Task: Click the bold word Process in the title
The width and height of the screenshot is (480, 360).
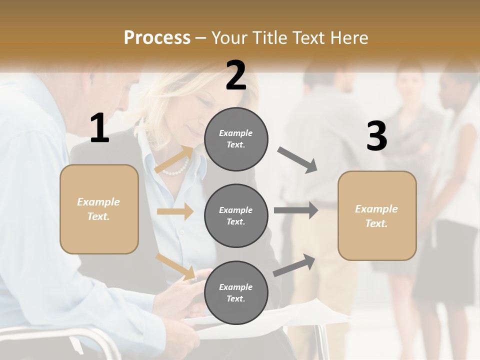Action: point(157,37)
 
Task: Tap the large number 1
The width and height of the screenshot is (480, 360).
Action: point(99,128)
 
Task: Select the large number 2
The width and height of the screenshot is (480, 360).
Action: point(236,75)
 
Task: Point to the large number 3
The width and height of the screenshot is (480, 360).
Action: point(376,136)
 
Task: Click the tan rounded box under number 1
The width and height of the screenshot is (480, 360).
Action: point(99,209)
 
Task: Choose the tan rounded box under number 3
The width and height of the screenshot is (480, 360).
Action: point(377,215)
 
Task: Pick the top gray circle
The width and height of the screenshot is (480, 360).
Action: point(236,139)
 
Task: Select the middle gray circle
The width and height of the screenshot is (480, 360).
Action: point(236,215)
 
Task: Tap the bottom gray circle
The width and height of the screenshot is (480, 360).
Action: point(236,292)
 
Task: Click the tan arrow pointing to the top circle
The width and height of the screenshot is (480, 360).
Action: point(174,159)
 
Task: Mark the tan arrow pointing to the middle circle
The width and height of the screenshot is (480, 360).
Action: point(175,211)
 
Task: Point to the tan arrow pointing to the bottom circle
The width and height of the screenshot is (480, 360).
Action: point(175,266)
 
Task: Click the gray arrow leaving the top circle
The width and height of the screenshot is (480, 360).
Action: point(297,160)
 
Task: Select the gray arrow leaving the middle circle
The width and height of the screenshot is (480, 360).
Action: point(296,210)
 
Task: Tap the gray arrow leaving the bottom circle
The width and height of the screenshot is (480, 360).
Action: point(294,265)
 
